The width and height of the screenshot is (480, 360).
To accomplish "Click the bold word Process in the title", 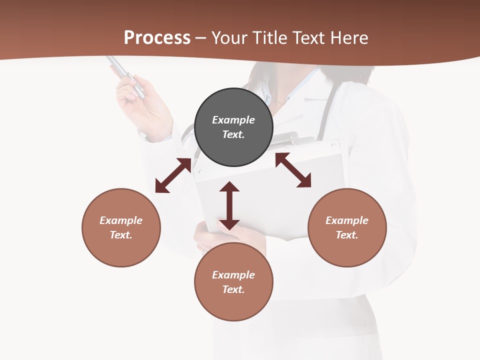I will pos(157,38).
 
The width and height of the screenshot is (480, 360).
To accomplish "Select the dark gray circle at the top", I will pos(233,127).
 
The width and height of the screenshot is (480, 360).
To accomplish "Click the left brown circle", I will pos(121,227).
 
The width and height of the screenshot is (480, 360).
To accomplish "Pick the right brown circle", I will pos(347,227).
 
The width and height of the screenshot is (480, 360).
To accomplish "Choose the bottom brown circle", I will pos(233,282).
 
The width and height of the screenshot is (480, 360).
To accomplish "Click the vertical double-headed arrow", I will pos(229,206).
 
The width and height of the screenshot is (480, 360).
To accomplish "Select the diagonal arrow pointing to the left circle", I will pos(173,175).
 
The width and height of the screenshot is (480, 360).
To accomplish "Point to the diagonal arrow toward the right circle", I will pos(293,170).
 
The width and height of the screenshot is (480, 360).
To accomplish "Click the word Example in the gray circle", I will pos(233,120).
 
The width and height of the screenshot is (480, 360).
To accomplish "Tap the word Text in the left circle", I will pos(120,235).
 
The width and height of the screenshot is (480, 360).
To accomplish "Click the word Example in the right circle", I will pos(347,220).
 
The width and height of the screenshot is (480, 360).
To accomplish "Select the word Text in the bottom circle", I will pos(233,289).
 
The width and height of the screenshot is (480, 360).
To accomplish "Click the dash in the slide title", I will pos(201,38).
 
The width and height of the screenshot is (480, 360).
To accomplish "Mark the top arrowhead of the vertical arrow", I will pos(229,186).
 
